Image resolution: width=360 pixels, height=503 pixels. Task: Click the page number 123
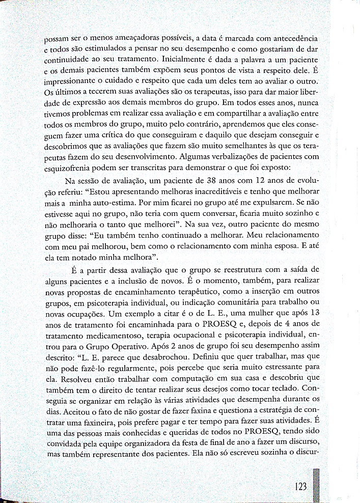tap(301, 486)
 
